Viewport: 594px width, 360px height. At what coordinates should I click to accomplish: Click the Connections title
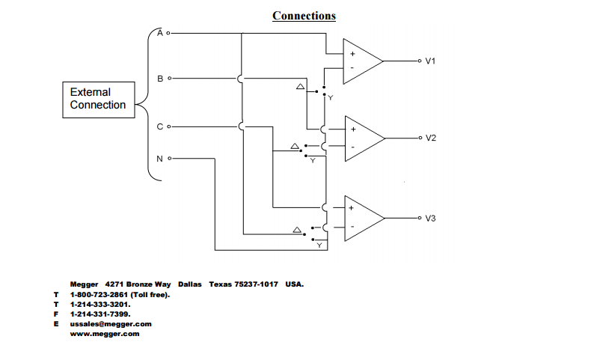click(304, 16)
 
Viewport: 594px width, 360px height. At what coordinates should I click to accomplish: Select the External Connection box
click(98, 99)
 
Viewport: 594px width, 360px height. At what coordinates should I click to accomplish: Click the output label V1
click(430, 61)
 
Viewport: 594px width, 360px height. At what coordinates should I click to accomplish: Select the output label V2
click(430, 138)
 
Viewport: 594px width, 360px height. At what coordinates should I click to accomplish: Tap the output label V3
click(430, 219)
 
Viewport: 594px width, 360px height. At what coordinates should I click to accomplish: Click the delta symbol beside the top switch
click(300, 88)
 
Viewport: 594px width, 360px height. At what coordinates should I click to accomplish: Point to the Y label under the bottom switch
click(319, 245)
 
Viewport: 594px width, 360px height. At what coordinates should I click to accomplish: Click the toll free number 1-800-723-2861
click(97, 295)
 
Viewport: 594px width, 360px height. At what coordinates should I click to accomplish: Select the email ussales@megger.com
click(111, 324)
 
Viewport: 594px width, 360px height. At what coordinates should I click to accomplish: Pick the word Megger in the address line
click(85, 284)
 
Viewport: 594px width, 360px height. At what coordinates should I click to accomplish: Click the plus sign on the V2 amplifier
click(352, 129)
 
